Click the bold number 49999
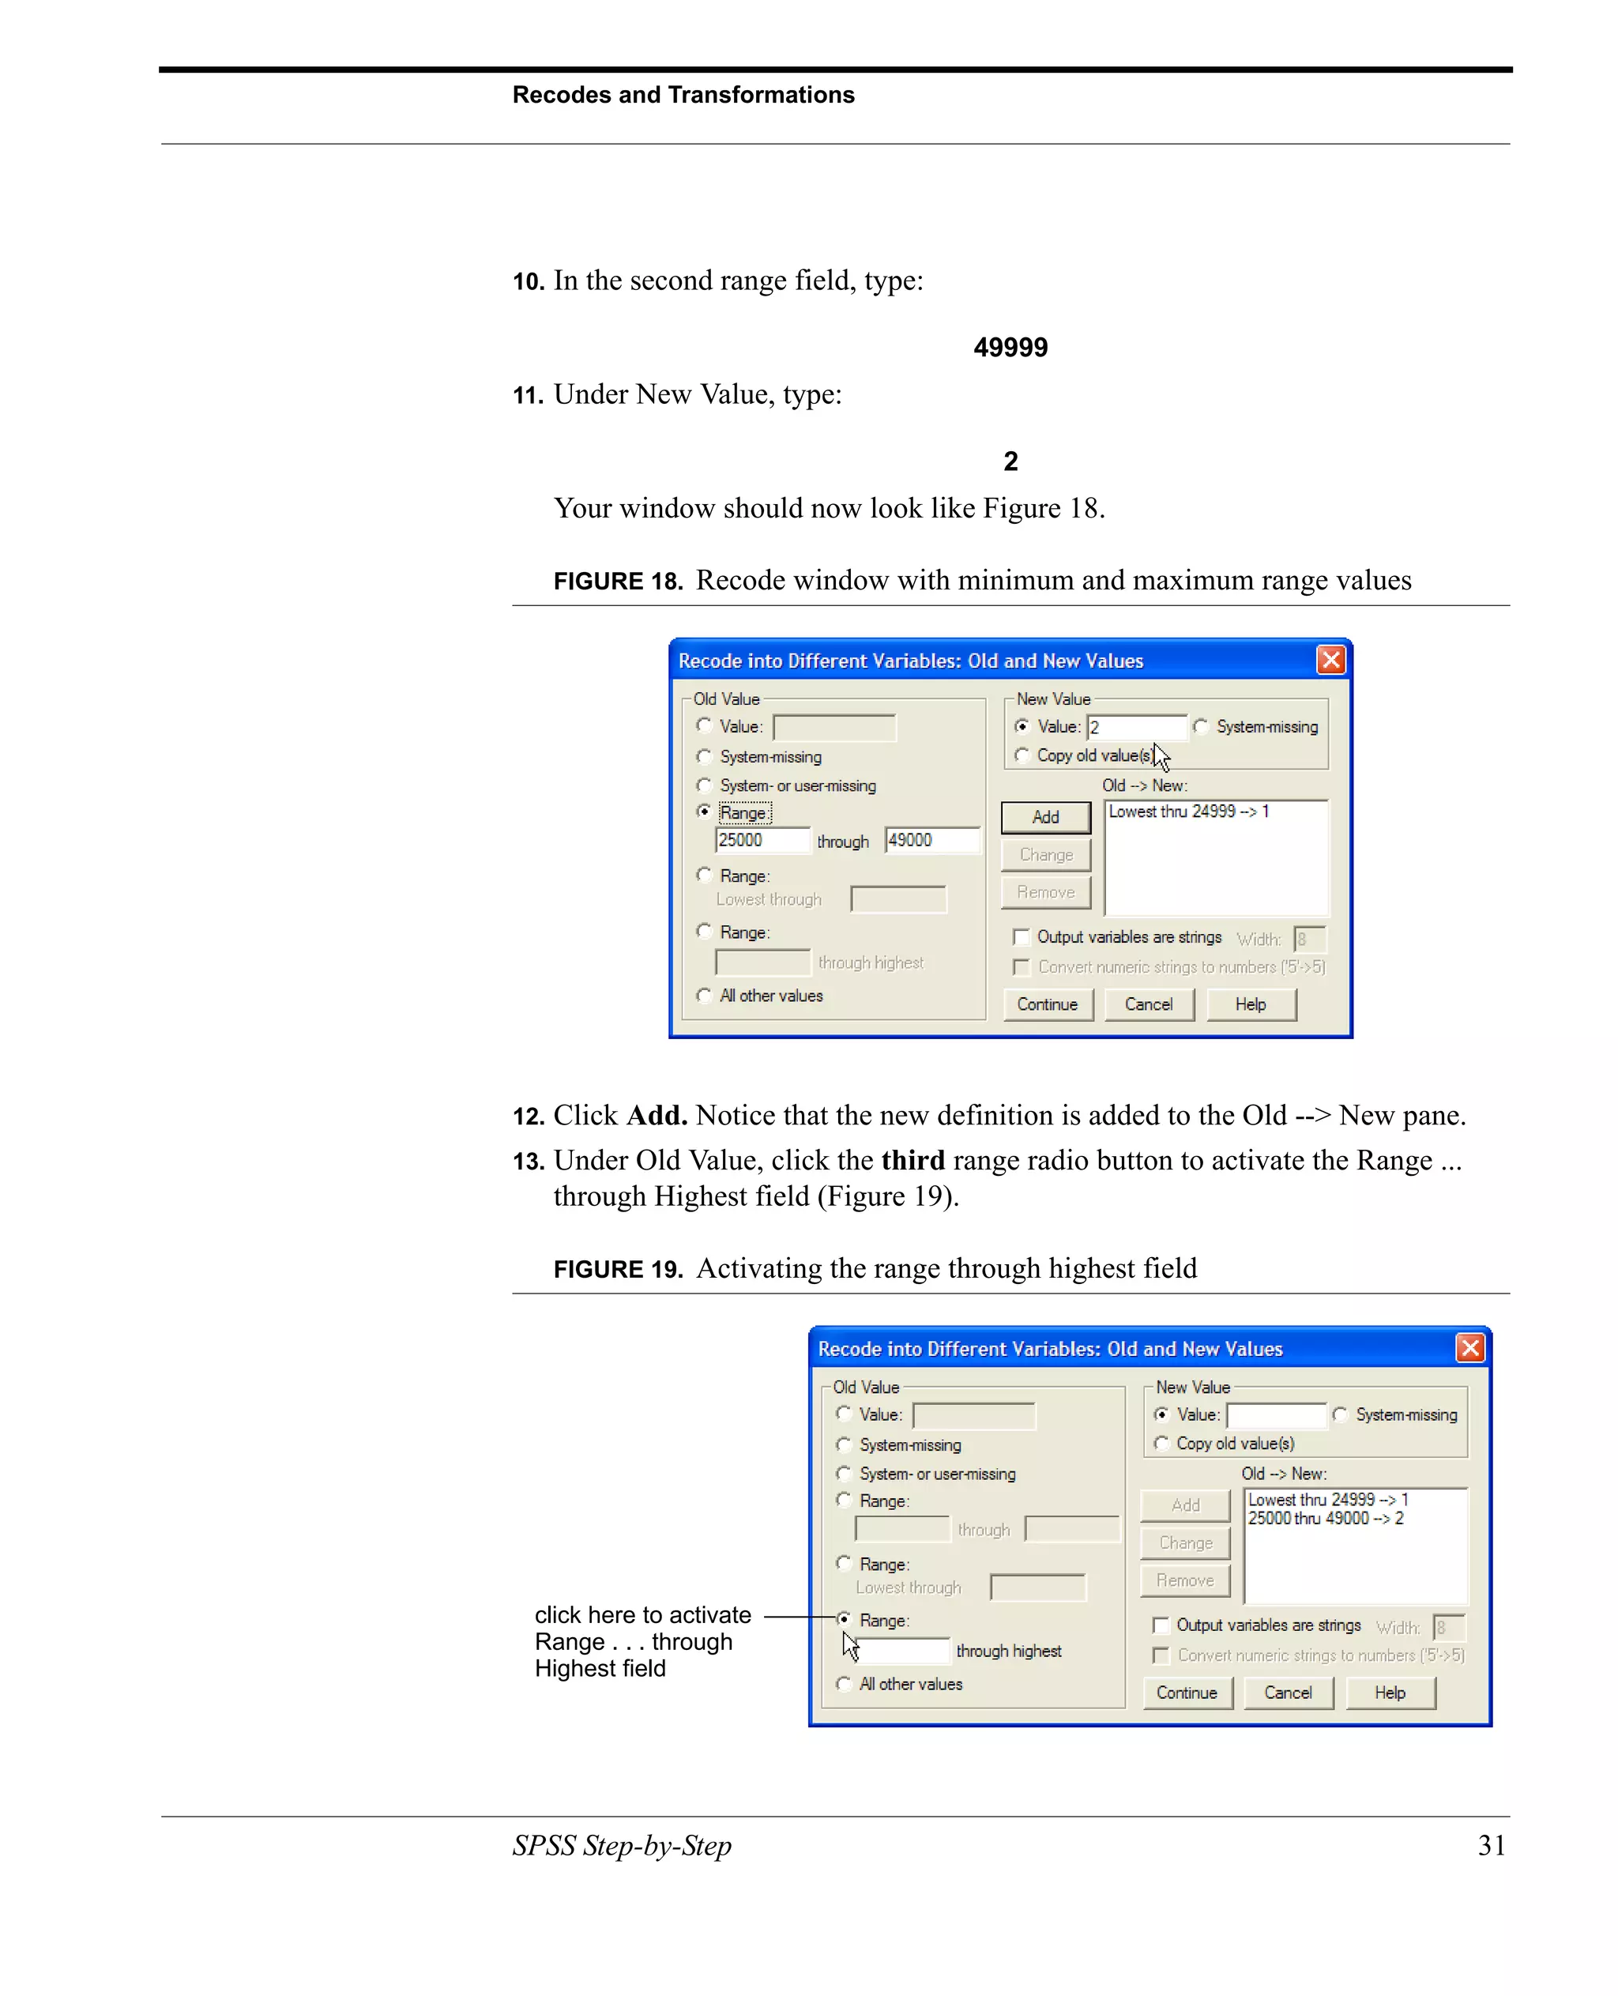[x=1010, y=348]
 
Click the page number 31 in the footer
[x=1492, y=1845]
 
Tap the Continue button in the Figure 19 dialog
[x=1187, y=1692]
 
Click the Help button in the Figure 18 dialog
[x=1250, y=1004]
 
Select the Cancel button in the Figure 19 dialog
[x=1287, y=1692]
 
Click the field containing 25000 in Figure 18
[x=762, y=840]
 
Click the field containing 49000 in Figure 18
[x=931, y=840]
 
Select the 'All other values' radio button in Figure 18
[x=705, y=996]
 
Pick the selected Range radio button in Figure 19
[x=845, y=1619]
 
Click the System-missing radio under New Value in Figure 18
[x=1202, y=726]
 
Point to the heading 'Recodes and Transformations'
[x=683, y=95]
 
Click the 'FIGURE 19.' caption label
[x=618, y=1270]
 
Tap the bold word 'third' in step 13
[x=912, y=1161]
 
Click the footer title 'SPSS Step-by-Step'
[x=622, y=1845]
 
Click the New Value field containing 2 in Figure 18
[x=1136, y=727]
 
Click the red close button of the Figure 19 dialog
[x=1469, y=1348]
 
